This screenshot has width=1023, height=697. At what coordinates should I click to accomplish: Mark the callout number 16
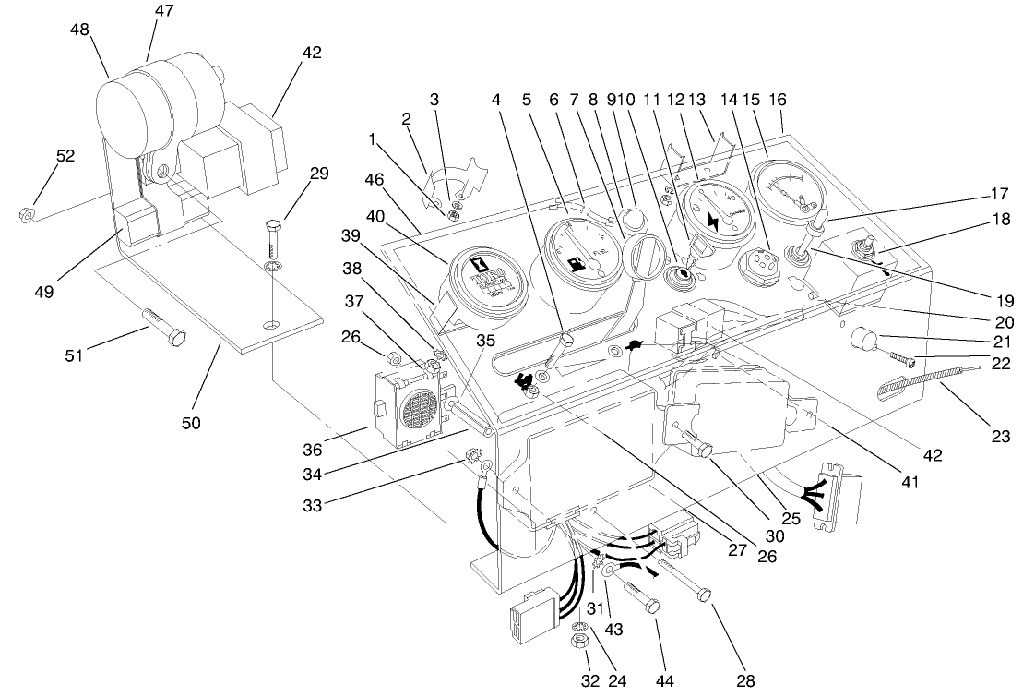pos(779,99)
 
